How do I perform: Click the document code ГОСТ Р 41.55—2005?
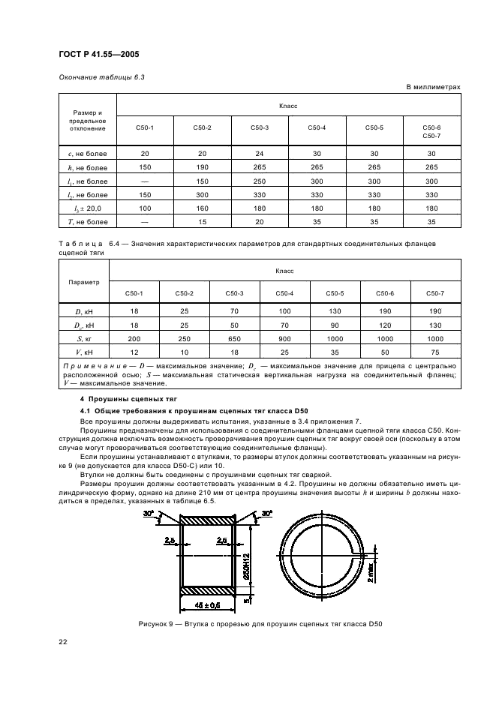(x=98, y=53)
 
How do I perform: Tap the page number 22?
(x=63, y=639)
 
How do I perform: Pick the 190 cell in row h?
(x=202, y=167)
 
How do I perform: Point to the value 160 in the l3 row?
(x=202, y=208)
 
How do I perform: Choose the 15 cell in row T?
(x=202, y=221)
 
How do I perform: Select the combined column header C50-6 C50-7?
(x=431, y=131)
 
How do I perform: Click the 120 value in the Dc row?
(x=385, y=325)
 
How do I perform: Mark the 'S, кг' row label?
(x=83, y=339)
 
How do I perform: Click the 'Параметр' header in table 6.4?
(x=83, y=283)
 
